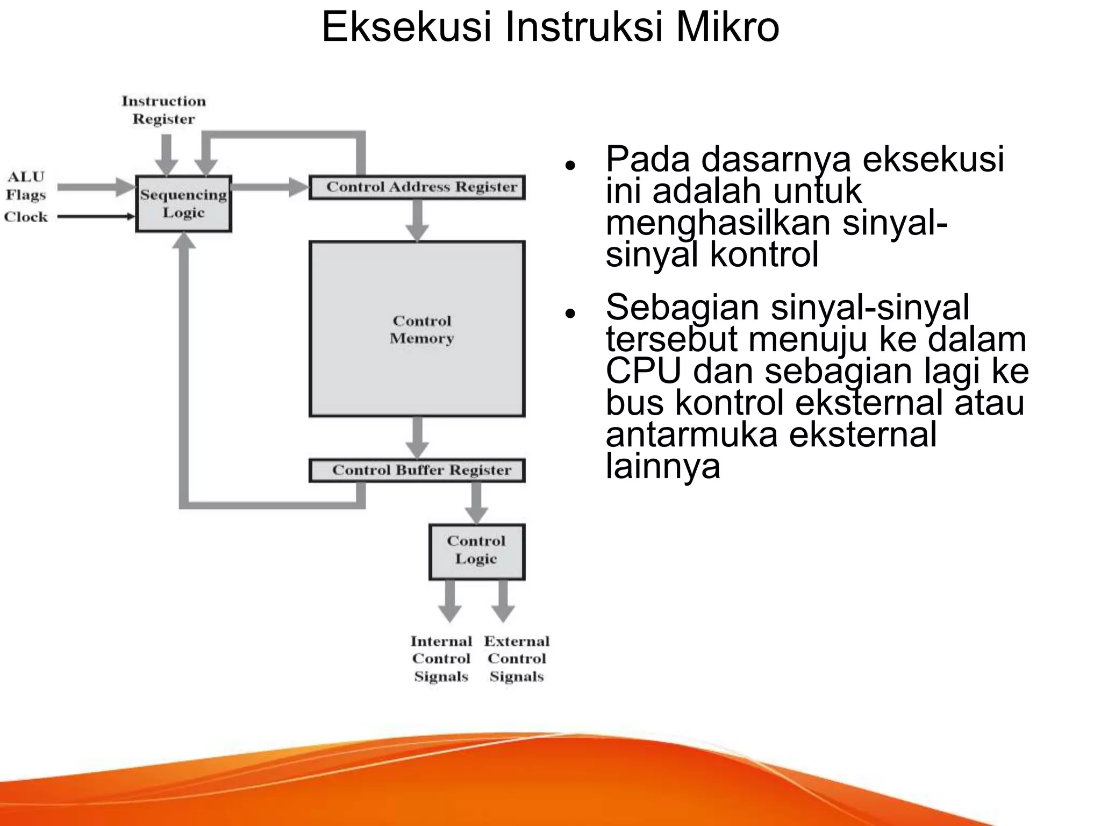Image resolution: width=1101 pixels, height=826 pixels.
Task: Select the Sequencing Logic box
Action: click(x=183, y=204)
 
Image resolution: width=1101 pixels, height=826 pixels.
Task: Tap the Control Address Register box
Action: click(x=417, y=187)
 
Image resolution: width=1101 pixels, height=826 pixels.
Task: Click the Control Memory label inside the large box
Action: click(x=421, y=330)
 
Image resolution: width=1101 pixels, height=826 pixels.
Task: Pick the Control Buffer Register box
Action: click(x=417, y=471)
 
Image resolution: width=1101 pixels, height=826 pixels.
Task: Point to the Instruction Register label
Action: click(x=163, y=110)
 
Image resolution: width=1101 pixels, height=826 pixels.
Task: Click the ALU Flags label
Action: click(x=25, y=186)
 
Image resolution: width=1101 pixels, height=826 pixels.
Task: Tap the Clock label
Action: click(x=26, y=217)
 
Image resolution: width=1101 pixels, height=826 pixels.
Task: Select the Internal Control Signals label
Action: click(x=441, y=659)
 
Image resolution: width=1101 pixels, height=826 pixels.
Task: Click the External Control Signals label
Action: click(x=517, y=659)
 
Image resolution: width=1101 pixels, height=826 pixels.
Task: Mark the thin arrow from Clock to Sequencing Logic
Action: click(x=95, y=217)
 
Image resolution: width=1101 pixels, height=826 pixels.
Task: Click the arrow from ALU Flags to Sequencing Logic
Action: click(x=95, y=187)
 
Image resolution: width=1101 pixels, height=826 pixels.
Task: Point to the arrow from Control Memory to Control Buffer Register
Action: click(x=417, y=437)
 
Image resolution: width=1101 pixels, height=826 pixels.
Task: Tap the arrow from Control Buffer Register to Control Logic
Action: click(x=476, y=502)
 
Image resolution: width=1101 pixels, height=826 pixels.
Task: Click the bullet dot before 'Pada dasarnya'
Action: click(x=570, y=165)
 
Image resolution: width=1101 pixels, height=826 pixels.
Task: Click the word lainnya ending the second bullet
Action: click(x=662, y=466)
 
